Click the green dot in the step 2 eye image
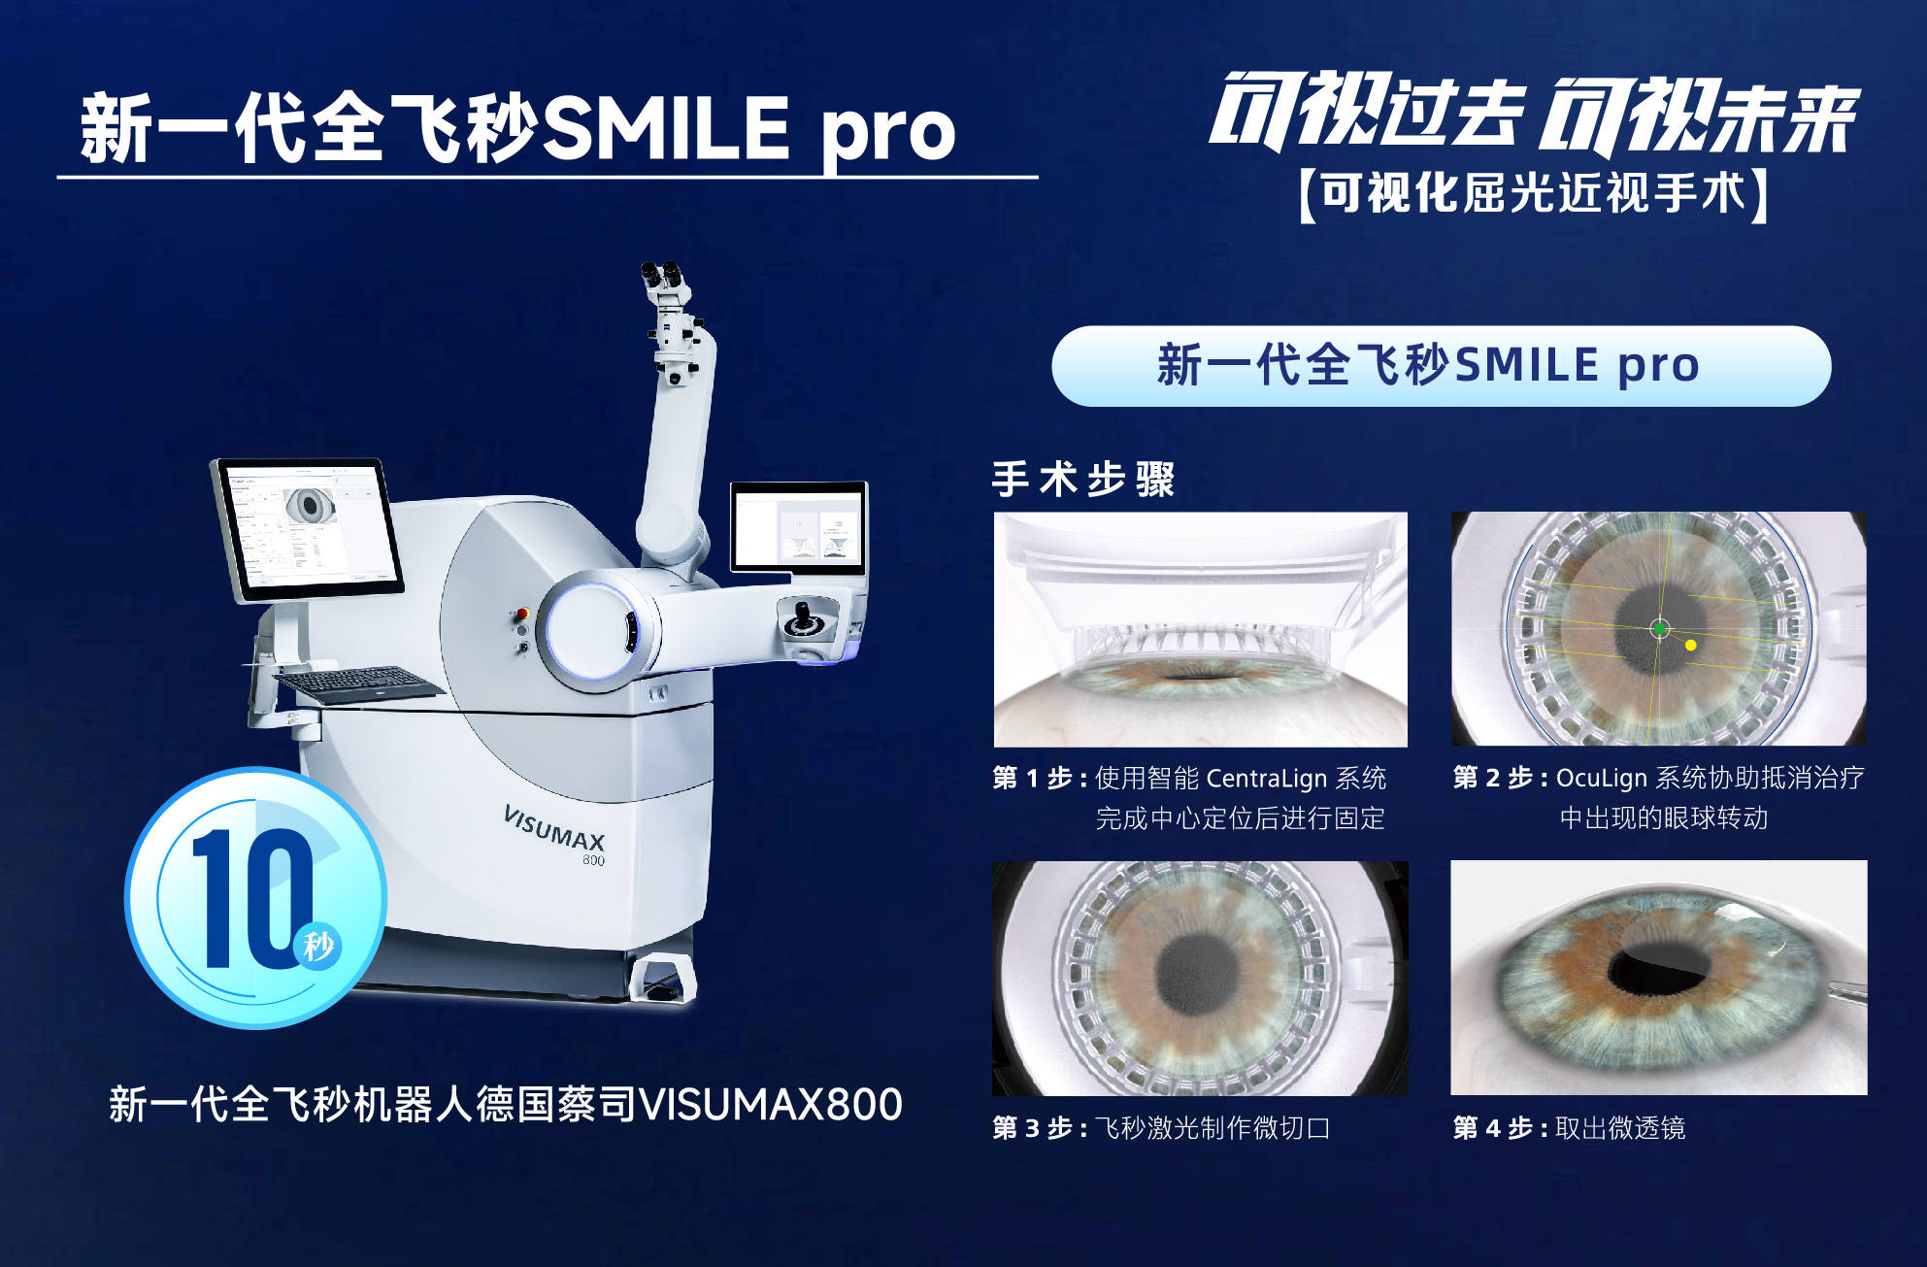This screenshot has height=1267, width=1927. (x=1659, y=629)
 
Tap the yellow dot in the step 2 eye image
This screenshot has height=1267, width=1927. (x=1691, y=645)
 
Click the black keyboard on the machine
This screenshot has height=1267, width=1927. (x=358, y=684)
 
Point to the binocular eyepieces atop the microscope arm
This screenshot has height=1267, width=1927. (x=663, y=276)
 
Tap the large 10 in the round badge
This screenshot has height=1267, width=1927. (x=250, y=898)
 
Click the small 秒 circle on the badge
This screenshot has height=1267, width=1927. (x=317, y=945)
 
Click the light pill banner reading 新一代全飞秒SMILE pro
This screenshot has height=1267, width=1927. (x=1442, y=366)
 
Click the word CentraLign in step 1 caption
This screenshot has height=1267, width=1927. (x=1267, y=779)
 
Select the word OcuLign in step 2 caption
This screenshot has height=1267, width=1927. (x=1602, y=779)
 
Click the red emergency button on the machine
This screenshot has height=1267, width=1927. (x=522, y=614)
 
